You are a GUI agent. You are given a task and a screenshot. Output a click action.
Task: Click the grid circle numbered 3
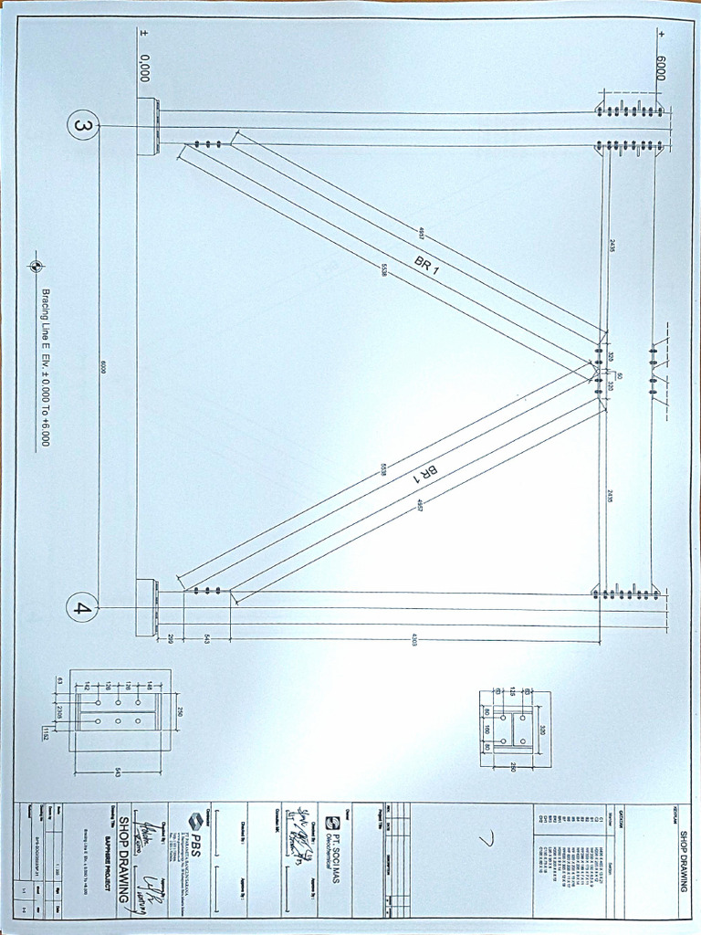point(83,126)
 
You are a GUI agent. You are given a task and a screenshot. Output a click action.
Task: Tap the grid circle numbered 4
point(83,607)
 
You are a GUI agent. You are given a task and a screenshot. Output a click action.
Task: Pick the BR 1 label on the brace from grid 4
point(426,478)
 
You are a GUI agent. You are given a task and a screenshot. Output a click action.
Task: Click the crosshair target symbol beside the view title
point(35,267)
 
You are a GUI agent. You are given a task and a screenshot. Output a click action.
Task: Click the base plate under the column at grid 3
point(146,125)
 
